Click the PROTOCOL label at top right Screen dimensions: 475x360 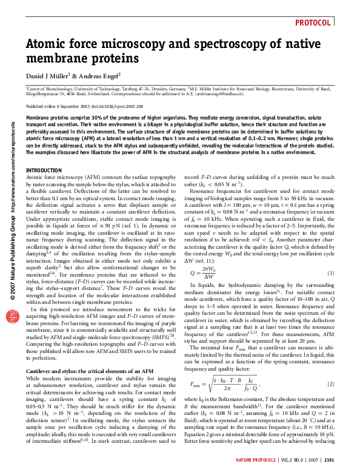(x=313, y=23)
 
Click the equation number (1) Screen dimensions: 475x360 (x=331, y=273)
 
